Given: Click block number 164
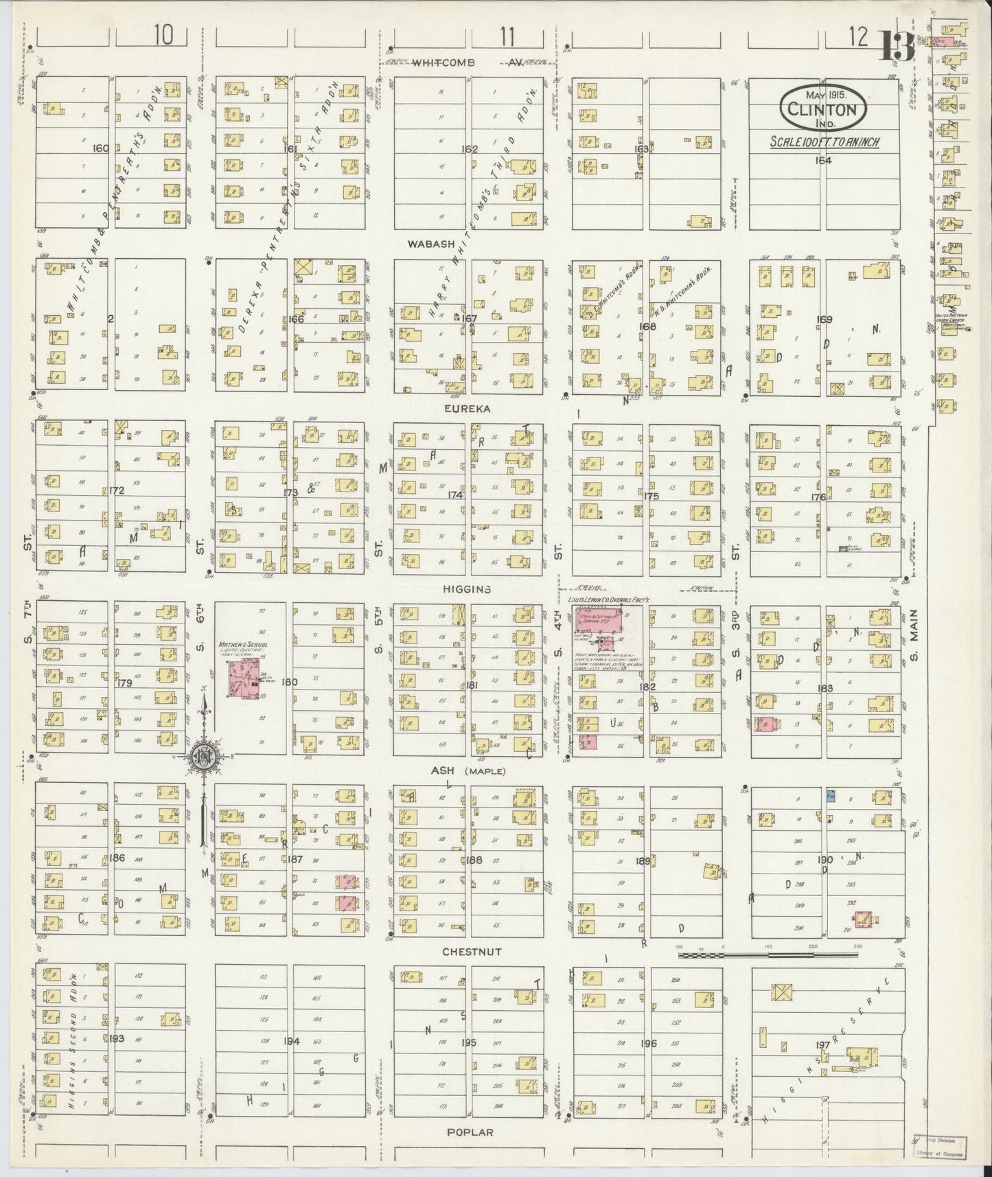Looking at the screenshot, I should point(822,160).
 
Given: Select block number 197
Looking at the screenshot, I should point(822,1046).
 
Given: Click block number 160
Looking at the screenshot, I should point(102,148).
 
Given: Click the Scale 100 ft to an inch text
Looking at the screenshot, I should point(823,143).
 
